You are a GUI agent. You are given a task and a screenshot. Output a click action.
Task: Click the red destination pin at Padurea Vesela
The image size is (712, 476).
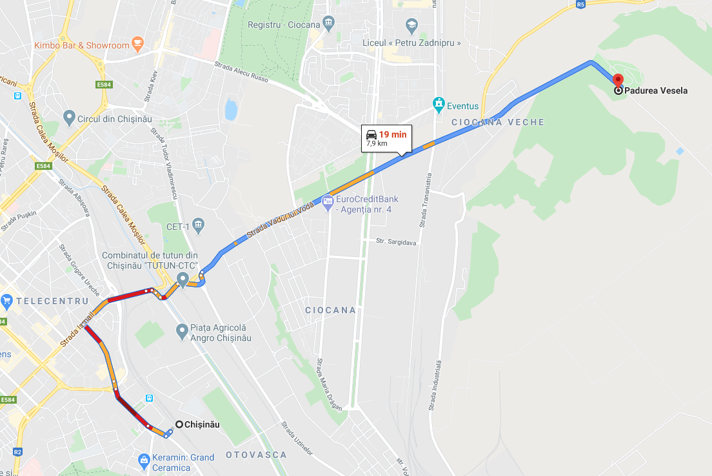(x=618, y=81)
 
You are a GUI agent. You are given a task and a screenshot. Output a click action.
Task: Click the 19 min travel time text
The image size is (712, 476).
(x=393, y=134)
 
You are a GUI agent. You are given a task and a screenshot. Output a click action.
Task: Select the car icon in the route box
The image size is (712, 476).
(x=371, y=134)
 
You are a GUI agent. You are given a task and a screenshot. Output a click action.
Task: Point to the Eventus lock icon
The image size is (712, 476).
(x=439, y=103)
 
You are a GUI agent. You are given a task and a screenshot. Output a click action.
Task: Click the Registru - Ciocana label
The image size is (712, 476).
(x=284, y=25)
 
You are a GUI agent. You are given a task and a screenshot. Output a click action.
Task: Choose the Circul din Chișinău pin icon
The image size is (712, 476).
(x=70, y=118)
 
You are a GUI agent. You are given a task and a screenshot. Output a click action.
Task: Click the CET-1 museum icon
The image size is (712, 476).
(x=198, y=225)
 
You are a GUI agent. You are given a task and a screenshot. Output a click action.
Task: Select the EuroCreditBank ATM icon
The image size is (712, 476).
(x=327, y=201)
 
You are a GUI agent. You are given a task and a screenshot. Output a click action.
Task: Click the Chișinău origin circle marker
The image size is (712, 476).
(x=179, y=424)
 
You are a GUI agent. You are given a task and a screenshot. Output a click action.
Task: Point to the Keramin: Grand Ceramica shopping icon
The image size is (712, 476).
(x=144, y=461)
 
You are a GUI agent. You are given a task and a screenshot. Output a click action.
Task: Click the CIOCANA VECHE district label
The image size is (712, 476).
(x=498, y=122)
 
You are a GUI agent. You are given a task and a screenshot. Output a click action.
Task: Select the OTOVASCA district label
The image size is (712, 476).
(x=256, y=455)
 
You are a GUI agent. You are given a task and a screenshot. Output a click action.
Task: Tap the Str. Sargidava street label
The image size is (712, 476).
(x=396, y=242)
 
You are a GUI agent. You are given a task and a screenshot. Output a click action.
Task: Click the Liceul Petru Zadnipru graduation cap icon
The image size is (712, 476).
(x=411, y=26)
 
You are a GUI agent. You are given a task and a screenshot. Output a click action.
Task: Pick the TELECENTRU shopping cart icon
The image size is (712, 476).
(x=7, y=300)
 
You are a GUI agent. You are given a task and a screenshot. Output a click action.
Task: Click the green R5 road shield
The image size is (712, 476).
(x=580, y=4)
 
